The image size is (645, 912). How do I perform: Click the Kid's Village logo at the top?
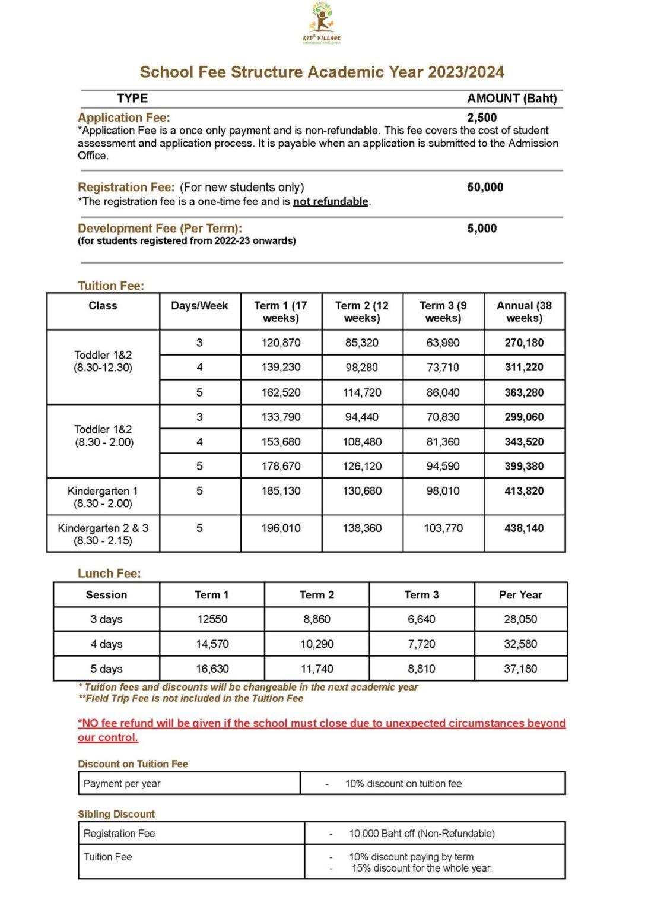pyautogui.click(x=322, y=23)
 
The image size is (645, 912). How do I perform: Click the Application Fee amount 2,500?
pyautogui.click(x=482, y=118)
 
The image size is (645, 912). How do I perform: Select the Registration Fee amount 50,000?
pyautogui.click(x=485, y=187)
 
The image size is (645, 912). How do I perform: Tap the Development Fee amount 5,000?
pyautogui.click(x=482, y=229)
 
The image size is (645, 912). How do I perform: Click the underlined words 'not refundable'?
pyautogui.click(x=331, y=202)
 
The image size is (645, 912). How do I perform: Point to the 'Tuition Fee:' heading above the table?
pyautogui.click(x=111, y=286)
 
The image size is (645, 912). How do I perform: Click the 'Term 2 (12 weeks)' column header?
pyautogui.click(x=362, y=312)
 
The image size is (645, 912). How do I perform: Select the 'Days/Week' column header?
pyautogui.click(x=199, y=306)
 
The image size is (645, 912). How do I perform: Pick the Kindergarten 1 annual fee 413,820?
pyautogui.click(x=524, y=491)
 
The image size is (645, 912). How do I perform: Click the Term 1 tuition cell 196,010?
pyautogui.click(x=281, y=528)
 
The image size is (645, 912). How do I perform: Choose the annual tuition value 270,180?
pyautogui.click(x=524, y=343)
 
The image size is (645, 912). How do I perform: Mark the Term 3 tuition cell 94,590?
pyautogui.click(x=443, y=466)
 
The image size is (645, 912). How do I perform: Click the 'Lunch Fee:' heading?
pyautogui.click(x=109, y=574)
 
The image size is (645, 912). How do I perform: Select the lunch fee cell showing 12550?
pyautogui.click(x=212, y=619)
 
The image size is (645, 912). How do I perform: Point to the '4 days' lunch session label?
pyautogui.click(x=106, y=644)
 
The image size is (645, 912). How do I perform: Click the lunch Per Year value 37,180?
pyautogui.click(x=520, y=669)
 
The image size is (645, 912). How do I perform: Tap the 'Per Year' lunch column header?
pyautogui.click(x=520, y=595)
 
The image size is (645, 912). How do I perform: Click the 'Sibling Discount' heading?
pyautogui.click(x=116, y=814)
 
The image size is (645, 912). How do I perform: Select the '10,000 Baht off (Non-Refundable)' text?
pyautogui.click(x=422, y=834)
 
